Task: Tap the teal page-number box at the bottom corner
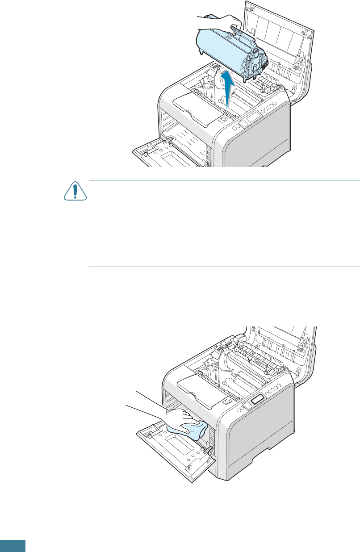coord(13,546)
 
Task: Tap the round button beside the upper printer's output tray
coord(222,119)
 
